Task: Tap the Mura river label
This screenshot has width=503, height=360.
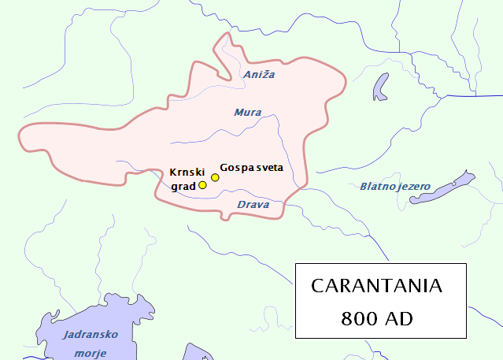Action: (247, 113)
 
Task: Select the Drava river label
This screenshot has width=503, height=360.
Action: (253, 205)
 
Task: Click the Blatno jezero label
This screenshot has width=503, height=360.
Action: (395, 187)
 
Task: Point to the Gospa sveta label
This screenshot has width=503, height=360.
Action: (252, 167)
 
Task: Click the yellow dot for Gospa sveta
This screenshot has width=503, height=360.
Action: (215, 177)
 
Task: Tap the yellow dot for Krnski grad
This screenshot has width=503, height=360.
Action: (202, 185)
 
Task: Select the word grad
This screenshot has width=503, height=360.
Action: (183, 187)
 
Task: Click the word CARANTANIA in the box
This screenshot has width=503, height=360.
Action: (377, 286)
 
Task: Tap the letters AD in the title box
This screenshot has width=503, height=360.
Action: (400, 319)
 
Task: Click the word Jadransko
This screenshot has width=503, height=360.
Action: (90, 335)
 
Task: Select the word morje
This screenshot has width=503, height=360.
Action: (90, 353)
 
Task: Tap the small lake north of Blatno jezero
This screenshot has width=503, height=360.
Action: (382, 86)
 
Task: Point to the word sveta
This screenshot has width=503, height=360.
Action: (268, 167)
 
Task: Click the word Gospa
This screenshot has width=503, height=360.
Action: (236, 167)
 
